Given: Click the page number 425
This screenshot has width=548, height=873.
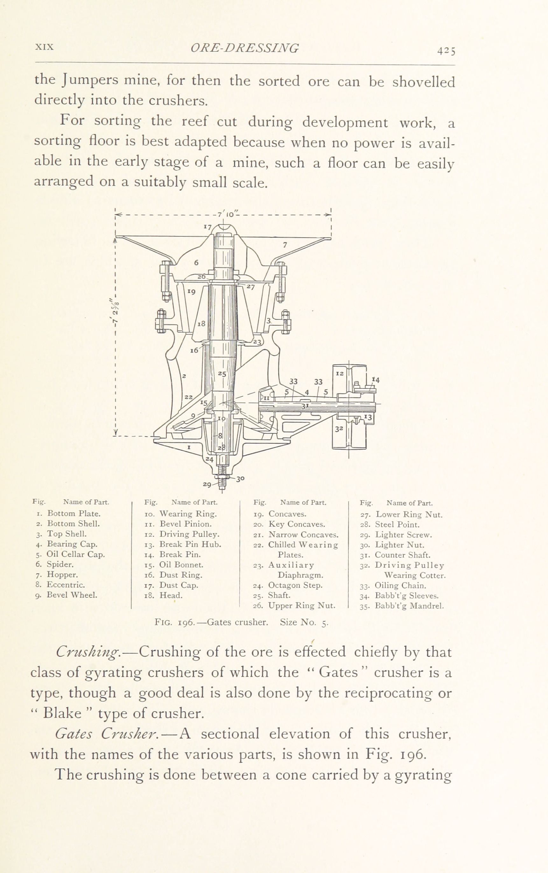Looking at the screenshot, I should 446,51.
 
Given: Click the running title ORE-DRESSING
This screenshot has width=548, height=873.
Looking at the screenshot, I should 245,48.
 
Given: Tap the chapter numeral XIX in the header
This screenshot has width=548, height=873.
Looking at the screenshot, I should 44,47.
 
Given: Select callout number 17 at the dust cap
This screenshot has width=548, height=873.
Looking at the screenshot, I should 207,227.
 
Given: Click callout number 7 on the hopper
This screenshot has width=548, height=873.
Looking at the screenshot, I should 285,245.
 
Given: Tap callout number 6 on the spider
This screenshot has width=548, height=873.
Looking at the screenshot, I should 196,262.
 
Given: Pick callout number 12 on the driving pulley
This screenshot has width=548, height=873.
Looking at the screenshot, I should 339,373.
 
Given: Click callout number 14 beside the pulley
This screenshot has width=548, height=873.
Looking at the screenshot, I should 376,380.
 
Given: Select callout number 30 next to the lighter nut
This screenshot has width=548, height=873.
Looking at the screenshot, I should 240,478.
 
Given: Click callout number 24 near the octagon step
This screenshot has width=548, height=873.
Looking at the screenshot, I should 209,459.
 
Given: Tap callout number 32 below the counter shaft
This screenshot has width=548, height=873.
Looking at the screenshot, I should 339,429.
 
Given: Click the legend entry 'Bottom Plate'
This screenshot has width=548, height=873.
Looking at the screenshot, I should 74,513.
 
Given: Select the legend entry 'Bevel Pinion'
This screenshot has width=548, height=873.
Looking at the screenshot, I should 186,524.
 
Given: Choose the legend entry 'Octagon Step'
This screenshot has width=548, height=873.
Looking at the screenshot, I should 295,585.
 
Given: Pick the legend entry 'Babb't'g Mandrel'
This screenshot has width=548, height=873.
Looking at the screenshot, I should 409,606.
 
